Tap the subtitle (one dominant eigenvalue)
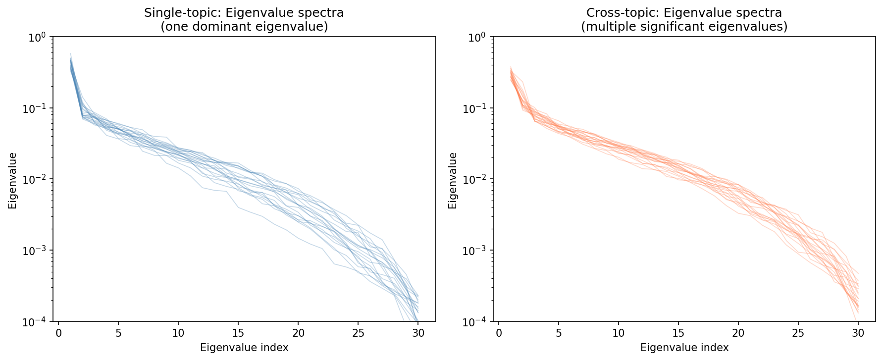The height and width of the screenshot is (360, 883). click(244, 27)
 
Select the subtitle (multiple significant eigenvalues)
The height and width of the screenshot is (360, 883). click(684, 27)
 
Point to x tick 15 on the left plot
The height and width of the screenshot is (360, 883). click(238, 333)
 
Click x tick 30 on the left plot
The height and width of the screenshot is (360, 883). click(418, 333)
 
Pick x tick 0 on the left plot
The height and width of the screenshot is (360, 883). click(58, 333)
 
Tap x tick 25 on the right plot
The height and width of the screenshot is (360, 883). click(798, 333)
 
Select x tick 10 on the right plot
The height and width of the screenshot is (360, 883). click(619, 333)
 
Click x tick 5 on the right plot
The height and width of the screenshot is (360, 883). click(559, 333)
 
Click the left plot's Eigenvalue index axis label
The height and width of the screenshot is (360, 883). click(244, 348)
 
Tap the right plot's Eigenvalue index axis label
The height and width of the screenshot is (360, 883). click(684, 348)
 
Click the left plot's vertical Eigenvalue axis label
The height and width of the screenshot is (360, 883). click(12, 180)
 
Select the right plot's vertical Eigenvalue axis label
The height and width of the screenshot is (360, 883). click(453, 180)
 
